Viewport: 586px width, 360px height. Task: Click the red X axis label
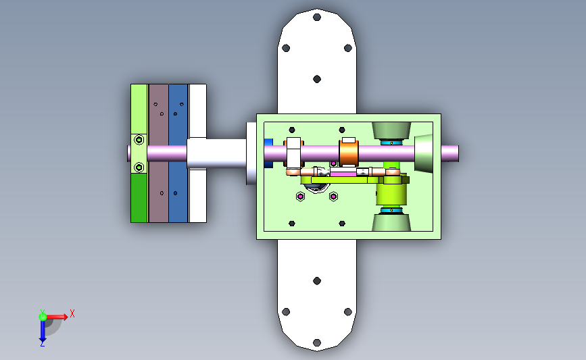pyautogui.click(x=72, y=313)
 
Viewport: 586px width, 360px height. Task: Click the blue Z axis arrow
pyautogui.click(x=43, y=330)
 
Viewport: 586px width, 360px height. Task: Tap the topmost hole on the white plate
pyautogui.click(x=317, y=17)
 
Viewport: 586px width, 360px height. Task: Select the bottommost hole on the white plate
pyautogui.click(x=317, y=342)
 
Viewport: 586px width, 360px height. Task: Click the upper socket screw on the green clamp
pyautogui.click(x=139, y=140)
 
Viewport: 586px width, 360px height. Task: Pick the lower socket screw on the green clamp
pyautogui.click(x=139, y=167)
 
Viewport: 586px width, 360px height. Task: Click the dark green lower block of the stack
pyautogui.click(x=139, y=198)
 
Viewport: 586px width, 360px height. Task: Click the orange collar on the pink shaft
pyautogui.click(x=349, y=153)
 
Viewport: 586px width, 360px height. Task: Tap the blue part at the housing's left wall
pyautogui.click(x=268, y=153)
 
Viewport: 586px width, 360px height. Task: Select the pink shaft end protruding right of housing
pyautogui.click(x=450, y=153)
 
